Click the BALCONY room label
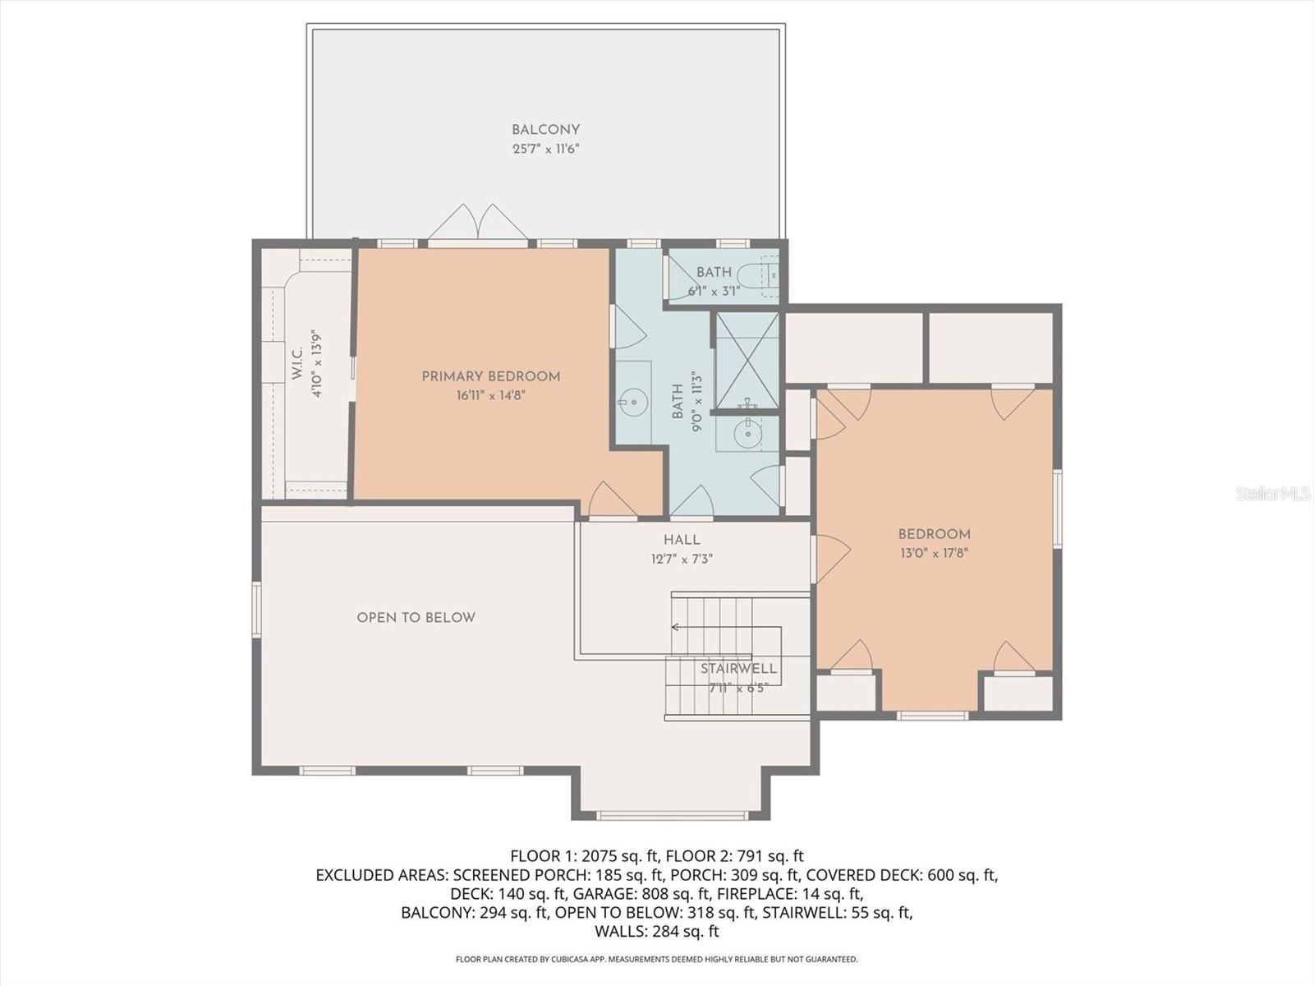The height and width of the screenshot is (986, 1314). point(545,130)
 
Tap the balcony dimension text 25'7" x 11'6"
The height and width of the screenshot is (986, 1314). point(545,150)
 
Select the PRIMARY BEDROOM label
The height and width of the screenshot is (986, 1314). point(491,376)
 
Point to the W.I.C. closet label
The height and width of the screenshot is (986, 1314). point(296,362)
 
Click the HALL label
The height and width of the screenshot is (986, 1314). point(682,540)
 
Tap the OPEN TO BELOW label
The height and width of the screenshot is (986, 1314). point(416,618)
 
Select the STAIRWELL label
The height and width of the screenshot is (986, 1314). point(738,669)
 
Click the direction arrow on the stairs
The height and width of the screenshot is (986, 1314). point(675,627)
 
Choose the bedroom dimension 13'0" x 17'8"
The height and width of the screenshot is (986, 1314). point(934,554)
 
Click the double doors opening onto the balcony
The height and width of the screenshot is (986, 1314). point(477,223)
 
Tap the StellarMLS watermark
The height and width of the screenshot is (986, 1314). point(1272,493)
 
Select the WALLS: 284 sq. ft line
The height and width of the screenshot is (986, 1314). point(657,931)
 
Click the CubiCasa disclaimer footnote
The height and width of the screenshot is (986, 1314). point(657,959)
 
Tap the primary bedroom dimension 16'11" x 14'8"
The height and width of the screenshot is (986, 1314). point(491,395)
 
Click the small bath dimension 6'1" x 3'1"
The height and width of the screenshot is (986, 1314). point(714,290)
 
